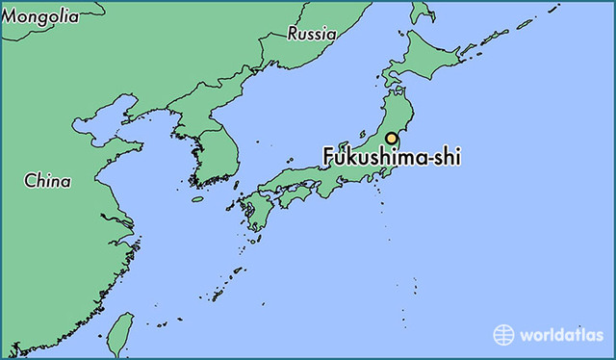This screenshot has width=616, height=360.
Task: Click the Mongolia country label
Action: coord(41,16)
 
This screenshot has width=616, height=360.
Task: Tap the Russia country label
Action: coord(312,34)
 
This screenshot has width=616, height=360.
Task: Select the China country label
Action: coord(47,179)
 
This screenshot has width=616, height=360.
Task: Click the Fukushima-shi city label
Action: coord(391,158)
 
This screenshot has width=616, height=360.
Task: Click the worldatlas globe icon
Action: coord(504,335)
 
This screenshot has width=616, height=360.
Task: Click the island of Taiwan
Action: coord(119,332)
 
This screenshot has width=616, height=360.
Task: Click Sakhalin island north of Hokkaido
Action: coord(421,12)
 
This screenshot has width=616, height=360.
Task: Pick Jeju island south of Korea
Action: coord(197,199)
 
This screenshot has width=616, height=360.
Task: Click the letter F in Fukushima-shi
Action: coord(329,158)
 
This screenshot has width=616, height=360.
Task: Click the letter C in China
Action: coord(30,179)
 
